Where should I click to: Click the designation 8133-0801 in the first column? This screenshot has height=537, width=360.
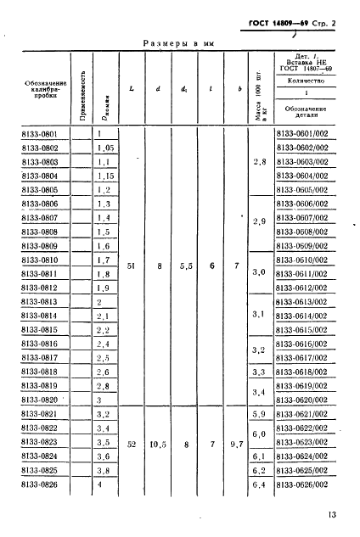click(42, 133)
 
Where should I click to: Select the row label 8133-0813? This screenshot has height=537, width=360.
click(42, 301)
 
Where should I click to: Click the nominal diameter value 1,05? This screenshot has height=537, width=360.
click(105, 147)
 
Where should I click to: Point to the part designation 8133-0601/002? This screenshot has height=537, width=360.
click(308, 133)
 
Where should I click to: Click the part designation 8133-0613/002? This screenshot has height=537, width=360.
click(308, 301)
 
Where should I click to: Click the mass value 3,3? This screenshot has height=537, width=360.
click(261, 372)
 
